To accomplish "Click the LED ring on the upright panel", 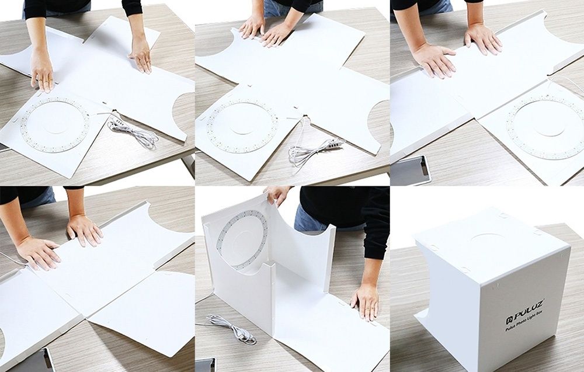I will (241, 240).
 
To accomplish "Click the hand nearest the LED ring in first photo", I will (42, 69).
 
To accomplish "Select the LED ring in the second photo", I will (242, 126).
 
